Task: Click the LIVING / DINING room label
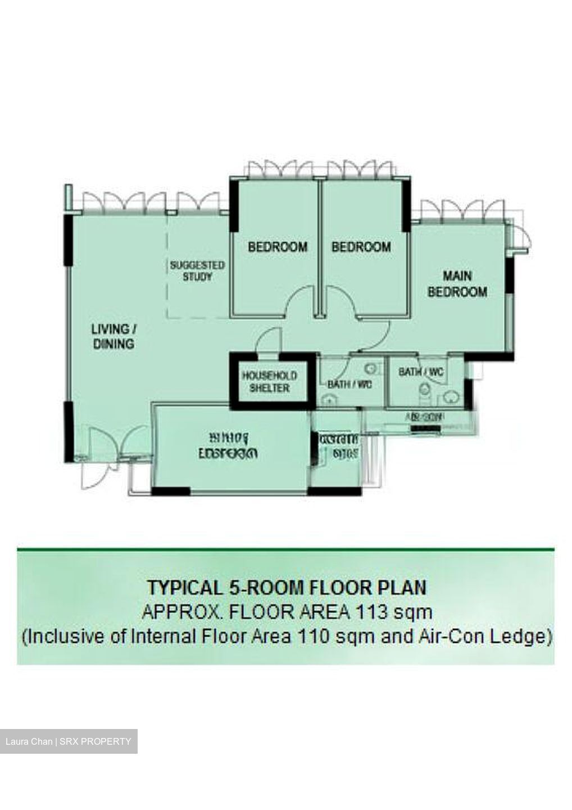click(x=113, y=336)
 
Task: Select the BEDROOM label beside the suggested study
click(x=278, y=247)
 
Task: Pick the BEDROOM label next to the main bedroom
click(x=361, y=247)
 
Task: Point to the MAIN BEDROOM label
click(x=457, y=284)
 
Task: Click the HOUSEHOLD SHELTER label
click(x=270, y=382)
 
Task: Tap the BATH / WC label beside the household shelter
click(x=349, y=385)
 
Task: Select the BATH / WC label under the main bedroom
click(x=421, y=372)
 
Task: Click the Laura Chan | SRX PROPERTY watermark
click(x=68, y=741)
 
